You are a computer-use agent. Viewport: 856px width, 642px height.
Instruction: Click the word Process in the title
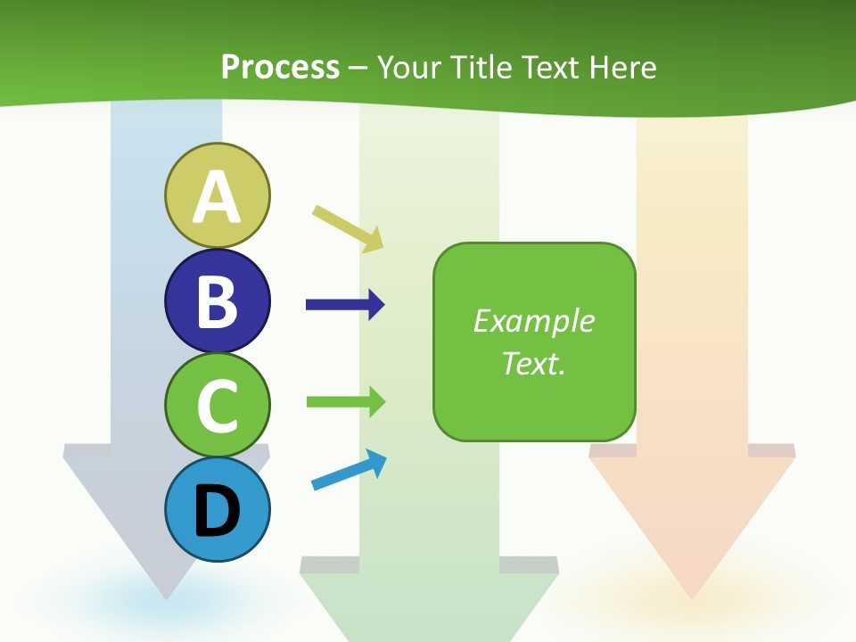point(280,67)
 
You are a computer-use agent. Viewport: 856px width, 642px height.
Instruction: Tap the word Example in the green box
point(534,321)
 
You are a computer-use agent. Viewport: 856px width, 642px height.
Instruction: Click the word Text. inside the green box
point(534,363)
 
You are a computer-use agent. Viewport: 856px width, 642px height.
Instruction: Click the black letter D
point(217,511)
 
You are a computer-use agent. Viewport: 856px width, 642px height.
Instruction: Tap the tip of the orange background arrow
point(692,596)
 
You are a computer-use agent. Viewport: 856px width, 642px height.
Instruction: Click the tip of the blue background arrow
point(167,596)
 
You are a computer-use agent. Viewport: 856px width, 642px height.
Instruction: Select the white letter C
point(217,406)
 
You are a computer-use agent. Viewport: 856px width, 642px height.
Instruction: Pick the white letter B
point(217,301)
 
